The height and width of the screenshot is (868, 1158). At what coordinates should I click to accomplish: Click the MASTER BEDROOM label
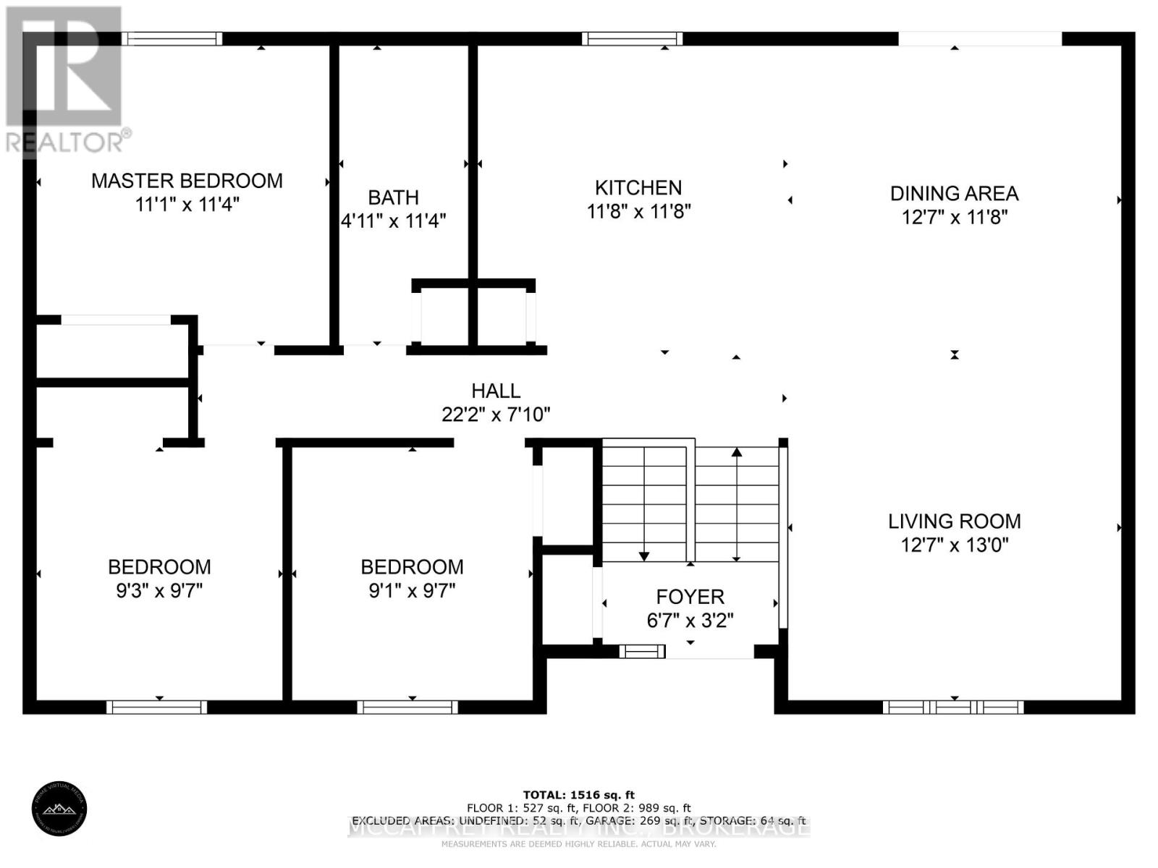(187, 181)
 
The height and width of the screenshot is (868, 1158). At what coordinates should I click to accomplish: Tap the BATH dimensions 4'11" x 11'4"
(393, 221)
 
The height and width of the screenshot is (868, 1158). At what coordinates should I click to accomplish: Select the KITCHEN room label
(638, 188)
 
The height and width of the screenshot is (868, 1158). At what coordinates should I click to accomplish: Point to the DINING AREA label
(954, 194)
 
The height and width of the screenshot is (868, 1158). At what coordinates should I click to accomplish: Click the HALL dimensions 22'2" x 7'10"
(496, 414)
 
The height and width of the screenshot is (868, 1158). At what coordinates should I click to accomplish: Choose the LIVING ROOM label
(954, 522)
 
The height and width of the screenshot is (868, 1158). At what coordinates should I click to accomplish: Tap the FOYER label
(690, 597)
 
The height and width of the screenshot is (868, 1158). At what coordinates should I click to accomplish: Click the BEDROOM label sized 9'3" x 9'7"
(159, 567)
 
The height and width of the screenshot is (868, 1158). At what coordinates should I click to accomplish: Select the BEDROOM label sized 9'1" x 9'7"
(412, 567)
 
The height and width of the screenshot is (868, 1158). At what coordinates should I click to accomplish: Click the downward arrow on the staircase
(644, 556)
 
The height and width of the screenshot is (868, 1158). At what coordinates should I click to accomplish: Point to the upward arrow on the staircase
(737, 453)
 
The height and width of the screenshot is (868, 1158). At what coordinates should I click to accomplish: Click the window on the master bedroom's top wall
(172, 38)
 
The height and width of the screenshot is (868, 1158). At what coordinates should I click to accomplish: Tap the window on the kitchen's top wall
(633, 38)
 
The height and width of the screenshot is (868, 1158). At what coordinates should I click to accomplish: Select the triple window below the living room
(953, 707)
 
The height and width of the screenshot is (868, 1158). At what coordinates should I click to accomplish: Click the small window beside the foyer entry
(642, 652)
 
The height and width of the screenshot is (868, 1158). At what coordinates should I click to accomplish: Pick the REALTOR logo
(65, 80)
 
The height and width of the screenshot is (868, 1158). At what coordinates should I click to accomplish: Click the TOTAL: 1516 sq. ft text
(578, 795)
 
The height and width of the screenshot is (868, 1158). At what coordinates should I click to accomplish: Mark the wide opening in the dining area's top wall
(980, 38)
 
